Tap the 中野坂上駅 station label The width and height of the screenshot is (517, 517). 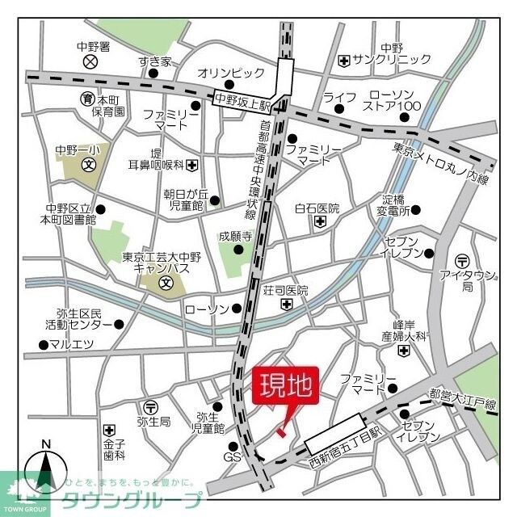[242, 100]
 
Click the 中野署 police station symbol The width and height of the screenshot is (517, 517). [90, 61]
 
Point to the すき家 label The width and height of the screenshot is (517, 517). [154, 61]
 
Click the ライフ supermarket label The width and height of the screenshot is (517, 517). [339, 98]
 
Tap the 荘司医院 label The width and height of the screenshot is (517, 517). [286, 290]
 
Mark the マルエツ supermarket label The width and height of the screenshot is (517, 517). [71, 345]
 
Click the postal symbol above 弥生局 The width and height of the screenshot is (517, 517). [151, 406]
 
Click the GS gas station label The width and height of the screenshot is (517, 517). [232, 457]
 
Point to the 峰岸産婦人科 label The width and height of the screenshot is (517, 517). [403, 328]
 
